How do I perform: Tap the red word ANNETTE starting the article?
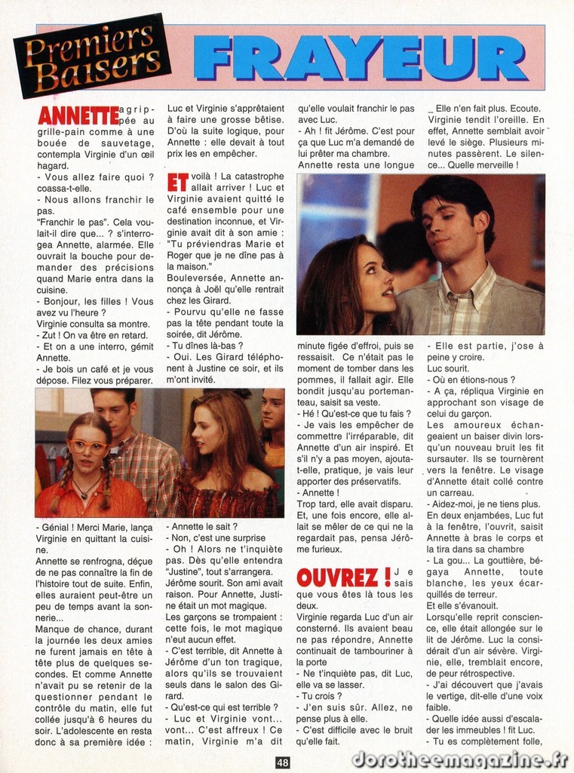(x=77, y=116)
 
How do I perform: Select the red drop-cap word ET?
(x=177, y=183)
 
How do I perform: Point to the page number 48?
(x=282, y=762)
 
